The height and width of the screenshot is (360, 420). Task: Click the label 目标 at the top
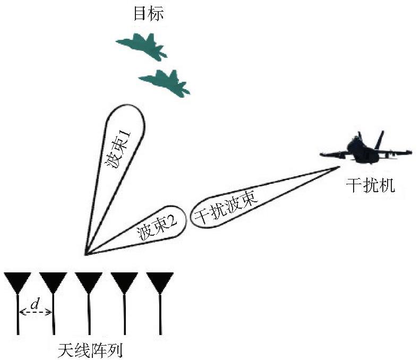[x=148, y=14]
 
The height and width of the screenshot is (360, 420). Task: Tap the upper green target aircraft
[x=142, y=46]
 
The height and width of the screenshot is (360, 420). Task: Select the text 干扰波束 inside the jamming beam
[x=226, y=208]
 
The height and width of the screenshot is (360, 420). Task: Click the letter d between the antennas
[x=35, y=304]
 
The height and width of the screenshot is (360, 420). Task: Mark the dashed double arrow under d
[x=36, y=312]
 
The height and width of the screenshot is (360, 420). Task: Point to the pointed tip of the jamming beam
[x=339, y=167]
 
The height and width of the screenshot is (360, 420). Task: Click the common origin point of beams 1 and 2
[x=85, y=254]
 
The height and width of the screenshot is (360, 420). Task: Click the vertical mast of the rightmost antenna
[x=160, y=314]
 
